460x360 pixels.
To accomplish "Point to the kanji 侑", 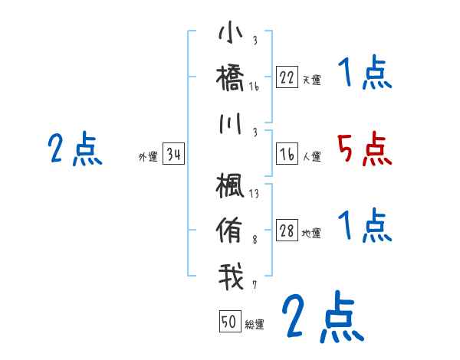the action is (231, 231).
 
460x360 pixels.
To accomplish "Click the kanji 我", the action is (231, 275).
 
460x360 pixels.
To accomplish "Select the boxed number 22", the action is (287, 77).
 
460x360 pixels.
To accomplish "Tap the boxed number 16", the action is (287, 155).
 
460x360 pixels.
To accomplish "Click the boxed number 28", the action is (287, 232).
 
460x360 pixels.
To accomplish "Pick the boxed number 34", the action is (173, 155).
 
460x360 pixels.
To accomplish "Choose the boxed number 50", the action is (230, 322).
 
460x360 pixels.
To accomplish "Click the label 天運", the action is (311, 80).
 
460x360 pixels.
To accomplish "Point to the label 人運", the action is (311, 157).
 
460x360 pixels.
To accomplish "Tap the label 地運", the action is (311, 234).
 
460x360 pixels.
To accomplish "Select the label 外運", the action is (148, 157).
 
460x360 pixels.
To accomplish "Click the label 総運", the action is (255, 325).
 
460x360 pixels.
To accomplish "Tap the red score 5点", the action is (364, 149).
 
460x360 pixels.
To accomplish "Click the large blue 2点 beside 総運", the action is (321, 316).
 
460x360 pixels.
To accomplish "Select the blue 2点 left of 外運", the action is (74, 149).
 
